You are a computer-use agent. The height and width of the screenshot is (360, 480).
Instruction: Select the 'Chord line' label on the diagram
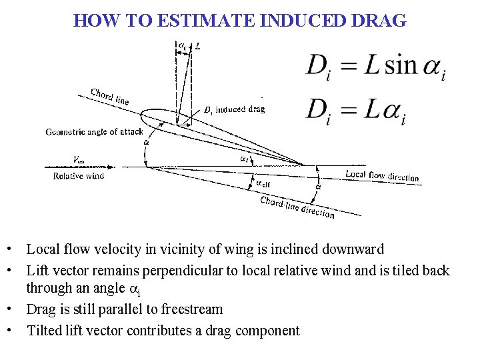[110, 97]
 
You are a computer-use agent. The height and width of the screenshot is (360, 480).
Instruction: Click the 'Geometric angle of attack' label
[94, 132]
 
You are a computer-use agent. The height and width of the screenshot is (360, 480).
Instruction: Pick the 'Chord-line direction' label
[297, 207]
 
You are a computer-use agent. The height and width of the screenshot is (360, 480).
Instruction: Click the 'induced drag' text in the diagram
[239, 110]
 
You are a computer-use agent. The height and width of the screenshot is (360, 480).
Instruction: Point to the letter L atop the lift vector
[198, 46]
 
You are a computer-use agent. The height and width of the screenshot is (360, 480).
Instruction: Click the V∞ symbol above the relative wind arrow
[78, 160]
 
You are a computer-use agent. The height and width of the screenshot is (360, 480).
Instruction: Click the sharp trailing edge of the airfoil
[303, 165]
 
